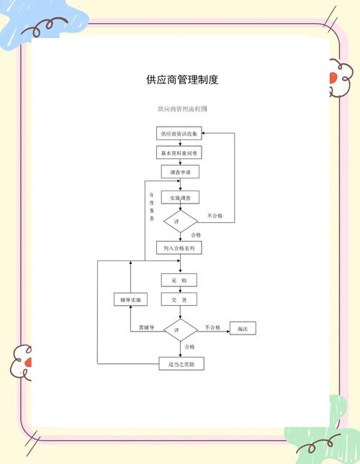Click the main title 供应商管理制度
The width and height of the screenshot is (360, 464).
pyautogui.click(x=181, y=79)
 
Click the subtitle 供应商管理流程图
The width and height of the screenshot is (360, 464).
pyautogui.click(x=182, y=109)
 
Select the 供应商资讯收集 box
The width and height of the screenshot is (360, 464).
pyautogui.click(x=179, y=134)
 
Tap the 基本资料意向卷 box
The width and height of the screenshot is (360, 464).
pyautogui.click(x=179, y=153)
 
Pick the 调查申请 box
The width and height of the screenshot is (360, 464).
pyautogui.click(x=179, y=173)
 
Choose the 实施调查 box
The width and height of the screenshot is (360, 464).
pyautogui.click(x=179, y=197)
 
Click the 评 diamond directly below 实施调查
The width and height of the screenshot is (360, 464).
pyautogui.click(x=179, y=222)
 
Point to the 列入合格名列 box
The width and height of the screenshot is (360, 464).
pyautogui.click(x=179, y=247)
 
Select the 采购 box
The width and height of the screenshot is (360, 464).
pyautogui.click(x=179, y=280)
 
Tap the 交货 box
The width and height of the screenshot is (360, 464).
pyautogui.click(x=179, y=299)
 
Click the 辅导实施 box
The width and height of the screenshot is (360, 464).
pyautogui.click(x=130, y=299)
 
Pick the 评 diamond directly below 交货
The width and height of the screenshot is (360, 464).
pyautogui.click(x=179, y=329)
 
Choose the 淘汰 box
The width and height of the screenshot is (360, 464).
pyautogui.click(x=243, y=329)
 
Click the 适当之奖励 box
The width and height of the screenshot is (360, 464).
pyautogui.click(x=181, y=364)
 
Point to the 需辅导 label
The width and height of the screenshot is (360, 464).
pyautogui.click(x=147, y=327)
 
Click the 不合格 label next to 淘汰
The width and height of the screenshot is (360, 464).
pyautogui.click(x=212, y=327)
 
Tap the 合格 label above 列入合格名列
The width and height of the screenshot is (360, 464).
pyautogui.click(x=196, y=235)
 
